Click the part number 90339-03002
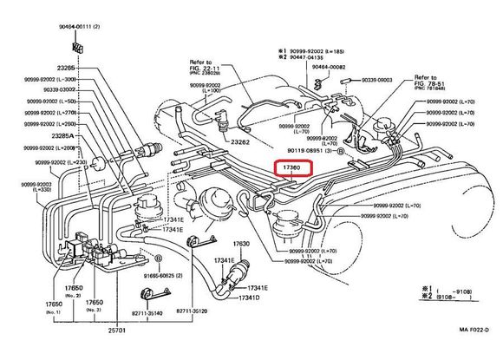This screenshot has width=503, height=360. (55, 89)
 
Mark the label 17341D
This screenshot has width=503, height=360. (250, 298)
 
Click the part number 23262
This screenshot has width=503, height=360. (240, 141)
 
